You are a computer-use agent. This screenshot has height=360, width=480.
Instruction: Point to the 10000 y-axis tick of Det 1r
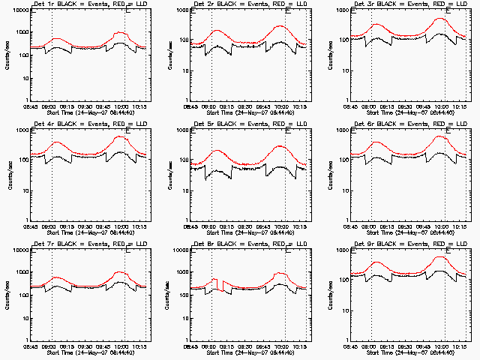[x=17, y=12]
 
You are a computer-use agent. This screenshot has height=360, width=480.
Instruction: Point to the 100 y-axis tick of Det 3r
[x=339, y=40]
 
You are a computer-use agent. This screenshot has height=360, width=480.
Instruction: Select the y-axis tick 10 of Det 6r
[x=340, y=190]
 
